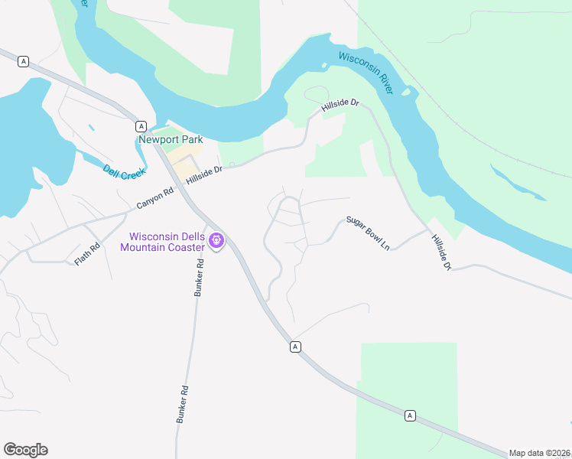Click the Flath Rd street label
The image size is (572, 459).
click(x=87, y=255)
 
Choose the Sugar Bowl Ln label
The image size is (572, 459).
click(x=368, y=233)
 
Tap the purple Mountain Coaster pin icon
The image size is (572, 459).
click(x=216, y=242)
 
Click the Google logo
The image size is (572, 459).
click(x=25, y=450)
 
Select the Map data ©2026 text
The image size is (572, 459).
click(x=539, y=453)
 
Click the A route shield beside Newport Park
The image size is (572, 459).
click(x=141, y=125)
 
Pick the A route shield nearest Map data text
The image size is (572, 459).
click(x=411, y=415)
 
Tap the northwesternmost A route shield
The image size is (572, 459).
click(x=24, y=61)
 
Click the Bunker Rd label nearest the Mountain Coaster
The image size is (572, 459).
click(x=199, y=279)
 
